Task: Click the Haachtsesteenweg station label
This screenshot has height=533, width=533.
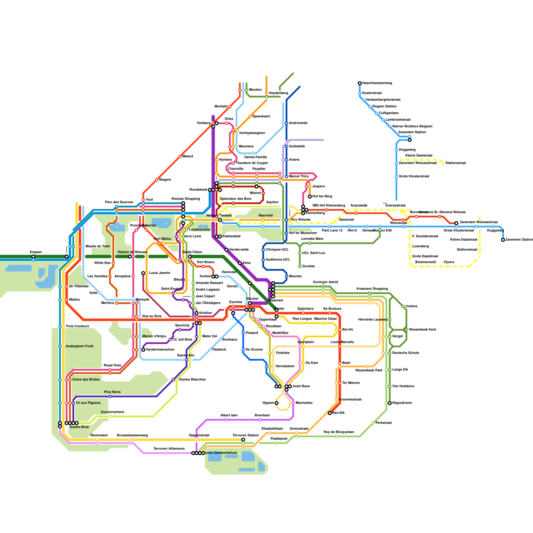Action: pyautogui.click(x=377, y=83)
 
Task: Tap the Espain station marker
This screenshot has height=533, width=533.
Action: pyautogui.click(x=33, y=257)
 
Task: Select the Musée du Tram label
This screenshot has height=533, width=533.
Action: pyautogui.click(x=98, y=247)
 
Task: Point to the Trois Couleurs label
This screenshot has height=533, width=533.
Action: pyautogui.click(x=77, y=326)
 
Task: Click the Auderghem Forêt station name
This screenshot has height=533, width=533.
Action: pyautogui.click(x=80, y=346)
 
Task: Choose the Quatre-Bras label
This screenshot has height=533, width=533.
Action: pyautogui.click(x=79, y=427)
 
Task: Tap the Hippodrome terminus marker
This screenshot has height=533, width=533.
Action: pyautogui.click(x=390, y=403)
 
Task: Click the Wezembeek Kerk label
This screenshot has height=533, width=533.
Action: pyautogui.click(x=422, y=330)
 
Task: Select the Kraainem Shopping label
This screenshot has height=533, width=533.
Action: pyautogui.click(x=372, y=289)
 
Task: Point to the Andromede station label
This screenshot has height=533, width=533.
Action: pyautogui.click(x=298, y=123)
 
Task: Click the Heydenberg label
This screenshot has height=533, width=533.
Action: pyautogui.click(x=278, y=93)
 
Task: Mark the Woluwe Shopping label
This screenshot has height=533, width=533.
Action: pyautogui.click(x=186, y=199)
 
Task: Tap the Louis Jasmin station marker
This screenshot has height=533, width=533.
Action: pyautogui.click(x=143, y=273)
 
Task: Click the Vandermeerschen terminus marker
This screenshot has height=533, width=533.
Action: pyautogui.click(x=143, y=350)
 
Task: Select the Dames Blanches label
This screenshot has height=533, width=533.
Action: pyautogui.click(x=192, y=380)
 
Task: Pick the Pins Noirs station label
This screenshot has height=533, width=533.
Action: pyautogui.click(x=112, y=392)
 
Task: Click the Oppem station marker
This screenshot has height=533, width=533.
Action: pyautogui.click(x=276, y=403)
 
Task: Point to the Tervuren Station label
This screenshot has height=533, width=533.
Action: pyautogui.click(x=246, y=435)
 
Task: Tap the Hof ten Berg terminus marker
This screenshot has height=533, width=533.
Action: pyautogui.click(x=310, y=197)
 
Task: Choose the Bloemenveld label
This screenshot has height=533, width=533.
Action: pyautogui.click(x=425, y=262)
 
